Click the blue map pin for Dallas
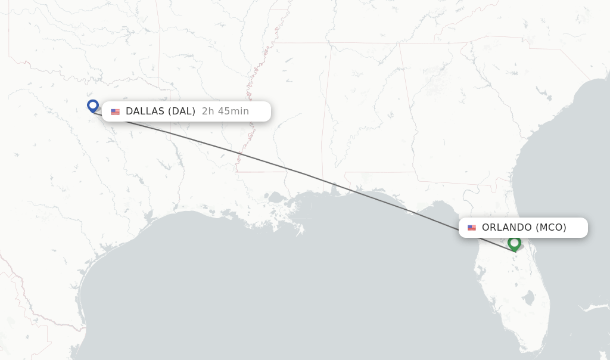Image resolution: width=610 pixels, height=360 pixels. click(x=92, y=105)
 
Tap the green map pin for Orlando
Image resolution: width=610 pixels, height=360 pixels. click(x=514, y=243)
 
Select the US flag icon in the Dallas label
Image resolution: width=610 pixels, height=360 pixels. click(x=115, y=111)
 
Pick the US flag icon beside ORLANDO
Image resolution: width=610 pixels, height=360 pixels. click(x=472, y=228)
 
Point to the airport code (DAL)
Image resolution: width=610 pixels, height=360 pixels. click(x=182, y=111)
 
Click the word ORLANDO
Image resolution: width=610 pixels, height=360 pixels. click(x=506, y=228)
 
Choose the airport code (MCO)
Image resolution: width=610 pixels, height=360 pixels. click(x=551, y=228)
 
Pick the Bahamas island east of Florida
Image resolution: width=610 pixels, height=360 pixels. click(x=596, y=308)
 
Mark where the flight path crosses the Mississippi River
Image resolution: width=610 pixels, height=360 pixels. click(x=239, y=154)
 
